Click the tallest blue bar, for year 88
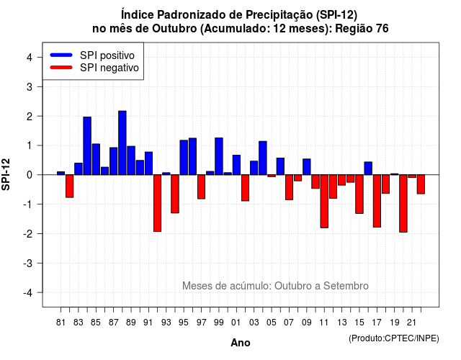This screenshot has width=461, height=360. [x=122, y=143]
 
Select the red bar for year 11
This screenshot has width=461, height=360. [x=324, y=202]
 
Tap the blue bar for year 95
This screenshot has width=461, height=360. [x=184, y=158]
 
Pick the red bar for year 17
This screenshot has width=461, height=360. [x=377, y=201]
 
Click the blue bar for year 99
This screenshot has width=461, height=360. [x=219, y=156]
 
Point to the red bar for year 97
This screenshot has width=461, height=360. [x=202, y=187]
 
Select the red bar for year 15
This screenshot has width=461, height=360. [x=359, y=194]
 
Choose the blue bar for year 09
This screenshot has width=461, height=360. [x=307, y=167]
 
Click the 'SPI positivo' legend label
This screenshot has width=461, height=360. [x=107, y=55]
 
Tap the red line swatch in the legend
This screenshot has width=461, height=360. [x=61, y=68]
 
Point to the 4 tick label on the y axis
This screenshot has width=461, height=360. [x=30, y=58]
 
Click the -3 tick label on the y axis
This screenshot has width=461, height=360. [x=28, y=263]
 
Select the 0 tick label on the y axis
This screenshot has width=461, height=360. [x=30, y=175]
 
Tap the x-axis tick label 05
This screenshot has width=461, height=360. [x=272, y=323]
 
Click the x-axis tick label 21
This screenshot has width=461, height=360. [x=412, y=323]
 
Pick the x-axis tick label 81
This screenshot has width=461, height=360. [x=61, y=323]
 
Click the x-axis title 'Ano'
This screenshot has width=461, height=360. [x=241, y=343]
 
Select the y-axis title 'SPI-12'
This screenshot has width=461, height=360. [x=6, y=174]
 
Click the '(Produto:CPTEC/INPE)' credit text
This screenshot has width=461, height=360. [x=394, y=338]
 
